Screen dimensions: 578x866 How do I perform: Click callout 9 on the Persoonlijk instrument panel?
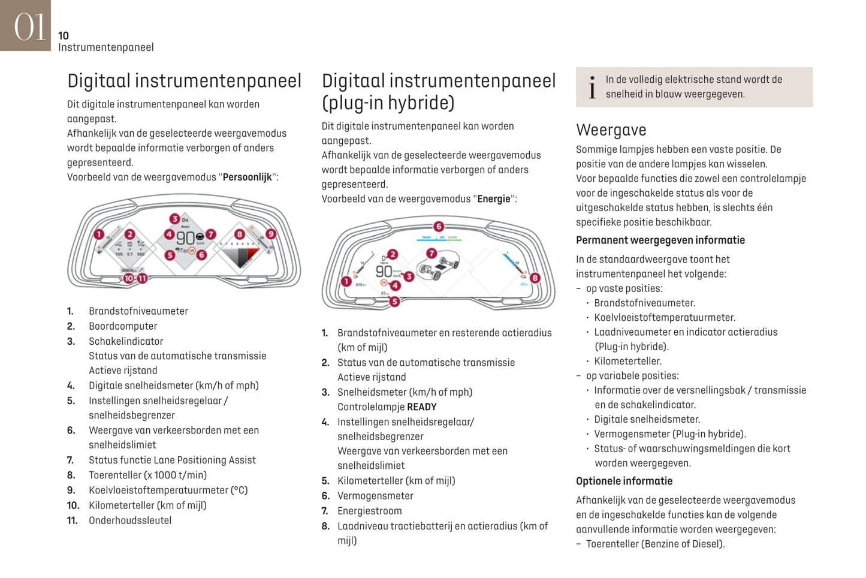pos(271,234)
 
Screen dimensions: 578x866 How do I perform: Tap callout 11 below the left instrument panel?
pos(143,278)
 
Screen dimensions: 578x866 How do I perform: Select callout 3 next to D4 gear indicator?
pos(174,219)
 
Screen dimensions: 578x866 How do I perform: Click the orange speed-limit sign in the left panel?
pos(192,251)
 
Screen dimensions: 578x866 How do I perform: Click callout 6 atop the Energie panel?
pos(439,227)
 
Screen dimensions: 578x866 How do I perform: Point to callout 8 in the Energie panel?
pos(535,278)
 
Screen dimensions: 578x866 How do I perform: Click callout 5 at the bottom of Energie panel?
pos(394,302)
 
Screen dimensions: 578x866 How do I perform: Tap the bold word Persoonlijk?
pos(247,177)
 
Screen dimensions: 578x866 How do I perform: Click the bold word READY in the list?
pos(421,407)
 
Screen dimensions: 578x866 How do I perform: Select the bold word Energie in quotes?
pos(494,199)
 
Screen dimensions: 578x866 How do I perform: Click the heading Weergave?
pos(611,130)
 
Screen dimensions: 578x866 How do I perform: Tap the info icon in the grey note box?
pos(592,88)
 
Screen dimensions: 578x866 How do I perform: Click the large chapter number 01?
pos(28,27)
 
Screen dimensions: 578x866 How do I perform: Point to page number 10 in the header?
pos(64,36)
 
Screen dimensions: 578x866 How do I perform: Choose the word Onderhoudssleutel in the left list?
pos(130,520)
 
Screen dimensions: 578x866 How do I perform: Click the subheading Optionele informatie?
pos(624,481)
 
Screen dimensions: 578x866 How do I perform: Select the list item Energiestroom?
pos(369,511)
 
